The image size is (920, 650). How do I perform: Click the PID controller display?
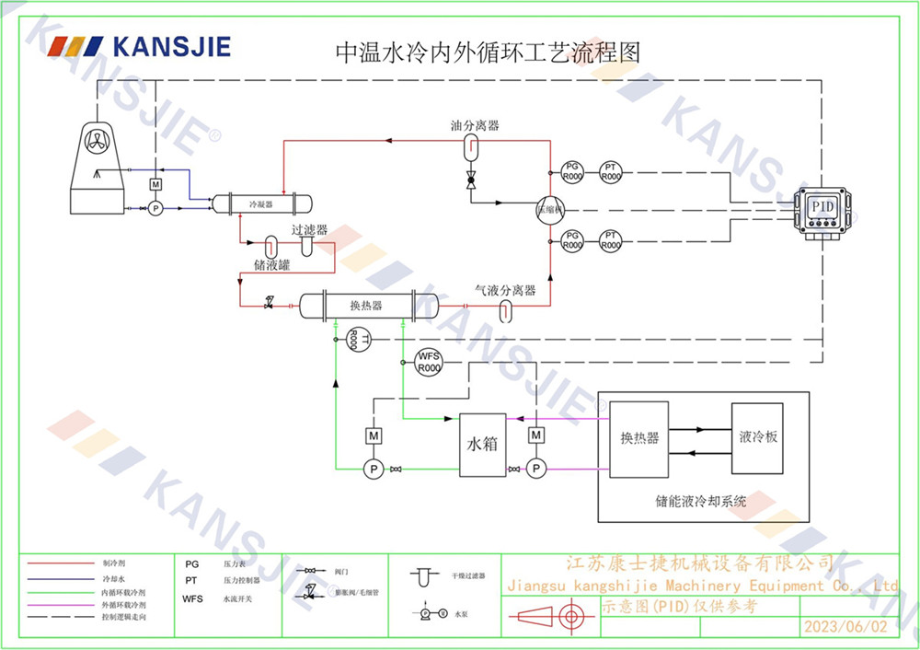[x=822, y=207]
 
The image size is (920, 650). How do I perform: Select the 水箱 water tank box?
[x=483, y=444]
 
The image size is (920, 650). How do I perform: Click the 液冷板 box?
[x=758, y=437]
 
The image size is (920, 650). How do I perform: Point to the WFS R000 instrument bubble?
[x=430, y=362]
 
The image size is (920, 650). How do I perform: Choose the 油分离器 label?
[x=475, y=125]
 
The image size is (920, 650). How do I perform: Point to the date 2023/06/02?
[x=846, y=627]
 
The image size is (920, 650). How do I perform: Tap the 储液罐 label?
[x=272, y=265]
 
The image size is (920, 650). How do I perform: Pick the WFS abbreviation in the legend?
[x=192, y=598]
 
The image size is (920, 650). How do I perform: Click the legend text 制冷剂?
[x=114, y=563]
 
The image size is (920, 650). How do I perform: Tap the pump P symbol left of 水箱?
[x=374, y=470]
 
